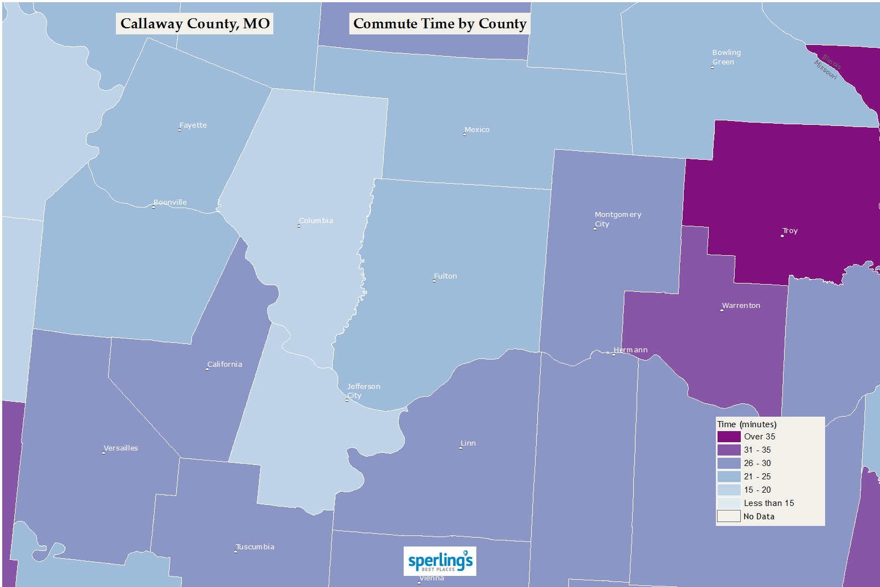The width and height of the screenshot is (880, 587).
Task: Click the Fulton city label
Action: [445, 276]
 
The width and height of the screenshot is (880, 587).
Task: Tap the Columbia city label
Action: [316, 221]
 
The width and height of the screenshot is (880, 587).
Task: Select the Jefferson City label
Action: [363, 391]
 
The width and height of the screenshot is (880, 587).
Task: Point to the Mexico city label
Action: [477, 130]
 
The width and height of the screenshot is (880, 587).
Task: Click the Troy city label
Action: [790, 231]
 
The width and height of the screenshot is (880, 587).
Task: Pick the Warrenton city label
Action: [741, 306]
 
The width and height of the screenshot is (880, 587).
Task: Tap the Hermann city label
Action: [630, 350]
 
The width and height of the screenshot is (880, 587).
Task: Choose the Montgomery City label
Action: [618, 219]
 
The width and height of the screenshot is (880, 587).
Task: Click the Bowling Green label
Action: [726, 57]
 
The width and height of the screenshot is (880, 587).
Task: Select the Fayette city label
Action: [193, 125]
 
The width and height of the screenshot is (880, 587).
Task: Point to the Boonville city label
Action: [170, 203]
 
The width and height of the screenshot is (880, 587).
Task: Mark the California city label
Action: [225, 365]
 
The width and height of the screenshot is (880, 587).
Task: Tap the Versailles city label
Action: [121, 448]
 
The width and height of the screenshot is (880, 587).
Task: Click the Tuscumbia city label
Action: [255, 547]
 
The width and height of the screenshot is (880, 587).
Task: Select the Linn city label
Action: [468, 443]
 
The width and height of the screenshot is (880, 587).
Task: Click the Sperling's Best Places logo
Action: [440, 561]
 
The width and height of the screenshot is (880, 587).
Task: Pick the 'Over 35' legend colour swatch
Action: [729, 437]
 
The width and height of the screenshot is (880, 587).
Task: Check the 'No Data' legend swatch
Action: [729, 517]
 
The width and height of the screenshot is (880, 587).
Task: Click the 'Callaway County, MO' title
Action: [195, 24]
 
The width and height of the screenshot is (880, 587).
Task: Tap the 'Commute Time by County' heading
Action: [440, 24]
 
